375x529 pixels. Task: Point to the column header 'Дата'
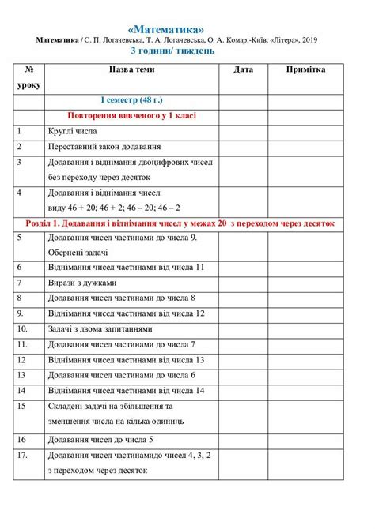(x=244, y=70)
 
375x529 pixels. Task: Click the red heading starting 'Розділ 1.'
(x=187, y=223)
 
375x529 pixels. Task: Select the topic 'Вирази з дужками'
(x=82, y=283)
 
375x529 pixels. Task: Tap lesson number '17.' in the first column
(x=22, y=455)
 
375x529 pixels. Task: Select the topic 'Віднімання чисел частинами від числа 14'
(x=127, y=390)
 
